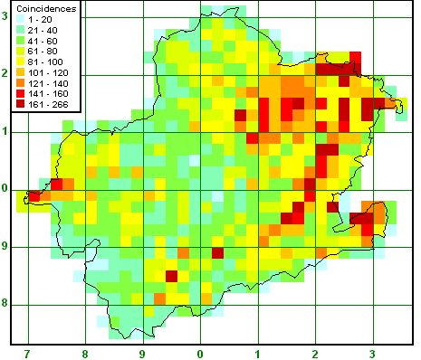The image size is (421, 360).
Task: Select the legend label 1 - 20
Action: tap(39, 19)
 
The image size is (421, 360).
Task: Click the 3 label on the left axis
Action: tap(5, 15)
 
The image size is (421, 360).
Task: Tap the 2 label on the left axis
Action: tap(5, 73)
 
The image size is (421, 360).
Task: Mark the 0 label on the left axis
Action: tap(5, 188)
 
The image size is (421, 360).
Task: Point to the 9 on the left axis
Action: tap(5, 246)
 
